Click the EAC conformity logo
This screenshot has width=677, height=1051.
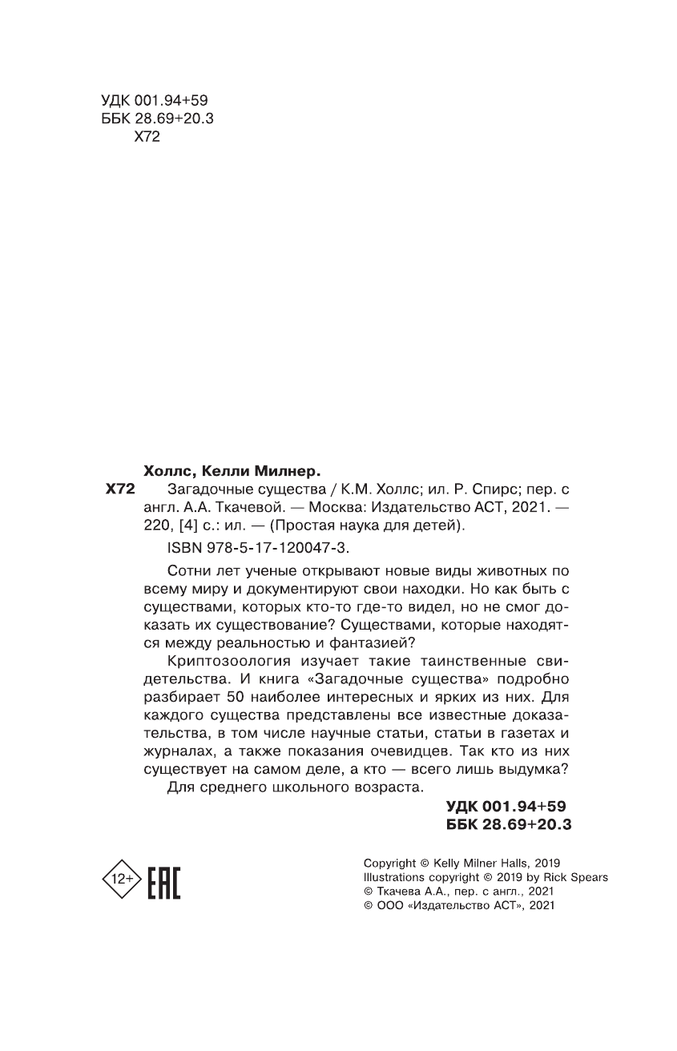point(165,880)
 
